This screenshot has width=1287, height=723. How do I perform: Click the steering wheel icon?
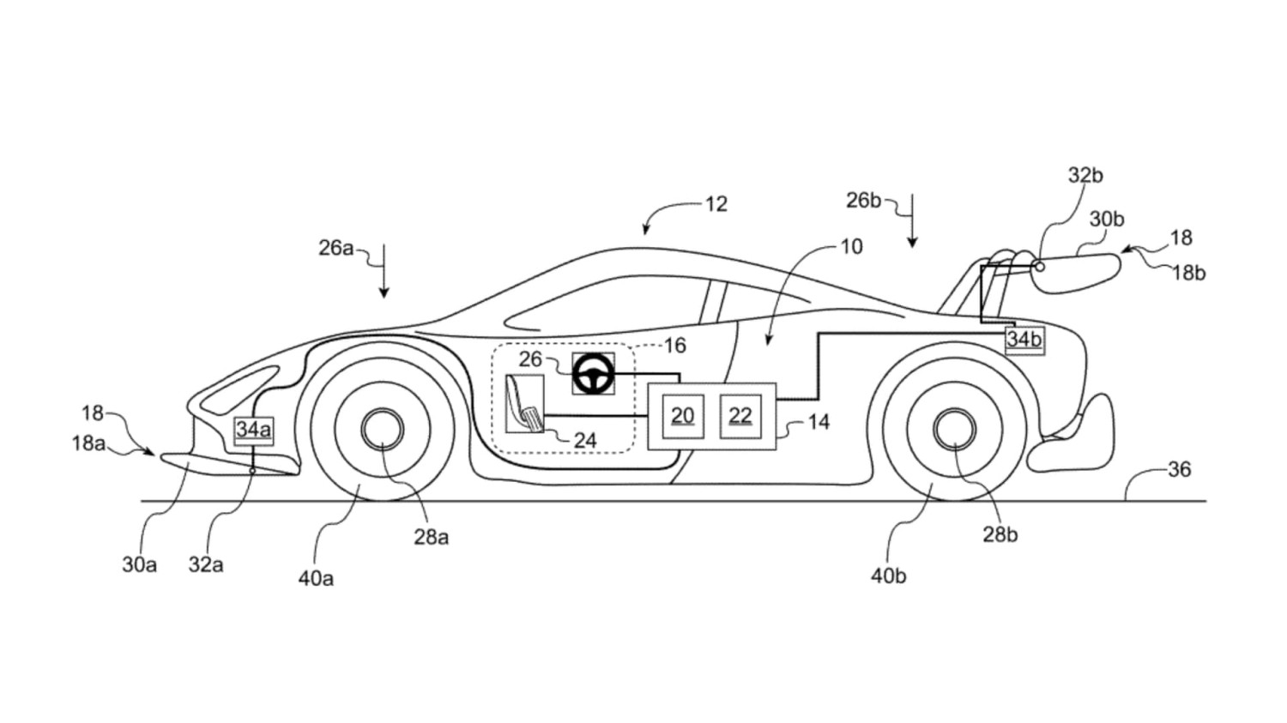pyautogui.click(x=593, y=374)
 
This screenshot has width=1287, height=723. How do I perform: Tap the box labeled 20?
pyautogui.click(x=682, y=416)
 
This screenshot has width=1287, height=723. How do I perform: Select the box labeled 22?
pyautogui.click(x=740, y=416)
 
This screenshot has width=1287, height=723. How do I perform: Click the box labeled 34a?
pyautogui.click(x=253, y=430)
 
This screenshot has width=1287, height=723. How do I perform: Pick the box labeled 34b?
pyautogui.click(x=1024, y=340)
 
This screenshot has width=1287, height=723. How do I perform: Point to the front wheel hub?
pyautogui.click(x=383, y=429)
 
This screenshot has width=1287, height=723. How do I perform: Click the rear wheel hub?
pyautogui.click(x=954, y=429)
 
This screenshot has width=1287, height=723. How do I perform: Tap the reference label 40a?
pyautogui.click(x=316, y=578)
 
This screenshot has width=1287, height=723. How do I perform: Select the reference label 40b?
pyautogui.click(x=888, y=575)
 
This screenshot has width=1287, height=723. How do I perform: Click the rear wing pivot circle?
pyautogui.click(x=1039, y=267)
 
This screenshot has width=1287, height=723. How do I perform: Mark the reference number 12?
pyautogui.click(x=716, y=204)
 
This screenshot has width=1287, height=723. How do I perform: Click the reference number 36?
pyautogui.click(x=1180, y=469)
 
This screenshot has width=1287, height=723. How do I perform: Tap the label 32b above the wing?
pyautogui.click(x=1085, y=175)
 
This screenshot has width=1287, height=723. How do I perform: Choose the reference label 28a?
pyautogui.click(x=431, y=537)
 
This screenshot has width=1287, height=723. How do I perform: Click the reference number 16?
pyautogui.click(x=674, y=346)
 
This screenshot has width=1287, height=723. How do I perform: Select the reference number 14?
pyautogui.click(x=819, y=422)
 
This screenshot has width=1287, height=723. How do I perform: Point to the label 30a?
pyautogui.click(x=139, y=564)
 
